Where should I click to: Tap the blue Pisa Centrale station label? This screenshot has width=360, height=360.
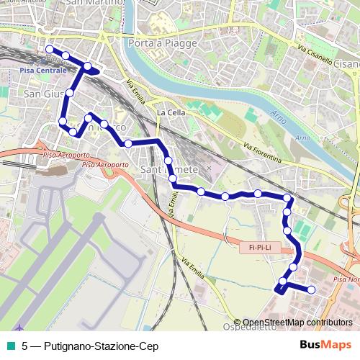[42, 71]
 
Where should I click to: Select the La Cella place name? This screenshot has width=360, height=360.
[171, 113]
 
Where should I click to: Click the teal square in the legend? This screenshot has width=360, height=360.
[9, 346]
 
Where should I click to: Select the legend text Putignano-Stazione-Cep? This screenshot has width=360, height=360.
[101, 346]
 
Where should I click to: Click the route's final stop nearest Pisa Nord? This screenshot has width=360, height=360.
[312, 289]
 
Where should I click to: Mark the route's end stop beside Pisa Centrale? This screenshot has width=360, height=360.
[49, 50]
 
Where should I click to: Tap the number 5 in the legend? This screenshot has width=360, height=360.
[25, 346]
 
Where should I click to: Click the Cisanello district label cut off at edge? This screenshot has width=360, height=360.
[346, 64]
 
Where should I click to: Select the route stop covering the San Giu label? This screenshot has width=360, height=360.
[71, 93]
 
